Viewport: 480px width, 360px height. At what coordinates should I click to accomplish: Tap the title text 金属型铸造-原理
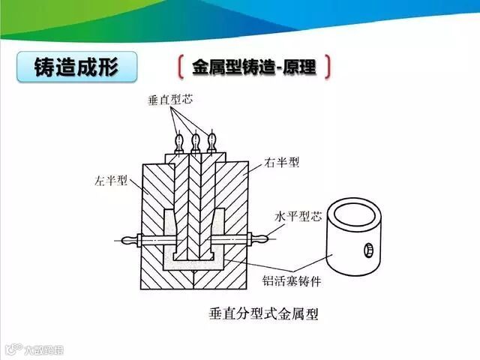(x=253, y=67)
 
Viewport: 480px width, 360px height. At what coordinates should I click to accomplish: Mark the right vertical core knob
(x=212, y=139)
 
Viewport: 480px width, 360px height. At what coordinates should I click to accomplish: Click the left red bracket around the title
(x=181, y=67)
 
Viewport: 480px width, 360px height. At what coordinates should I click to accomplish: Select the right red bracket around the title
(x=328, y=67)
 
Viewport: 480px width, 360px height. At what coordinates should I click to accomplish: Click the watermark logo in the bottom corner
(x=10, y=349)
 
